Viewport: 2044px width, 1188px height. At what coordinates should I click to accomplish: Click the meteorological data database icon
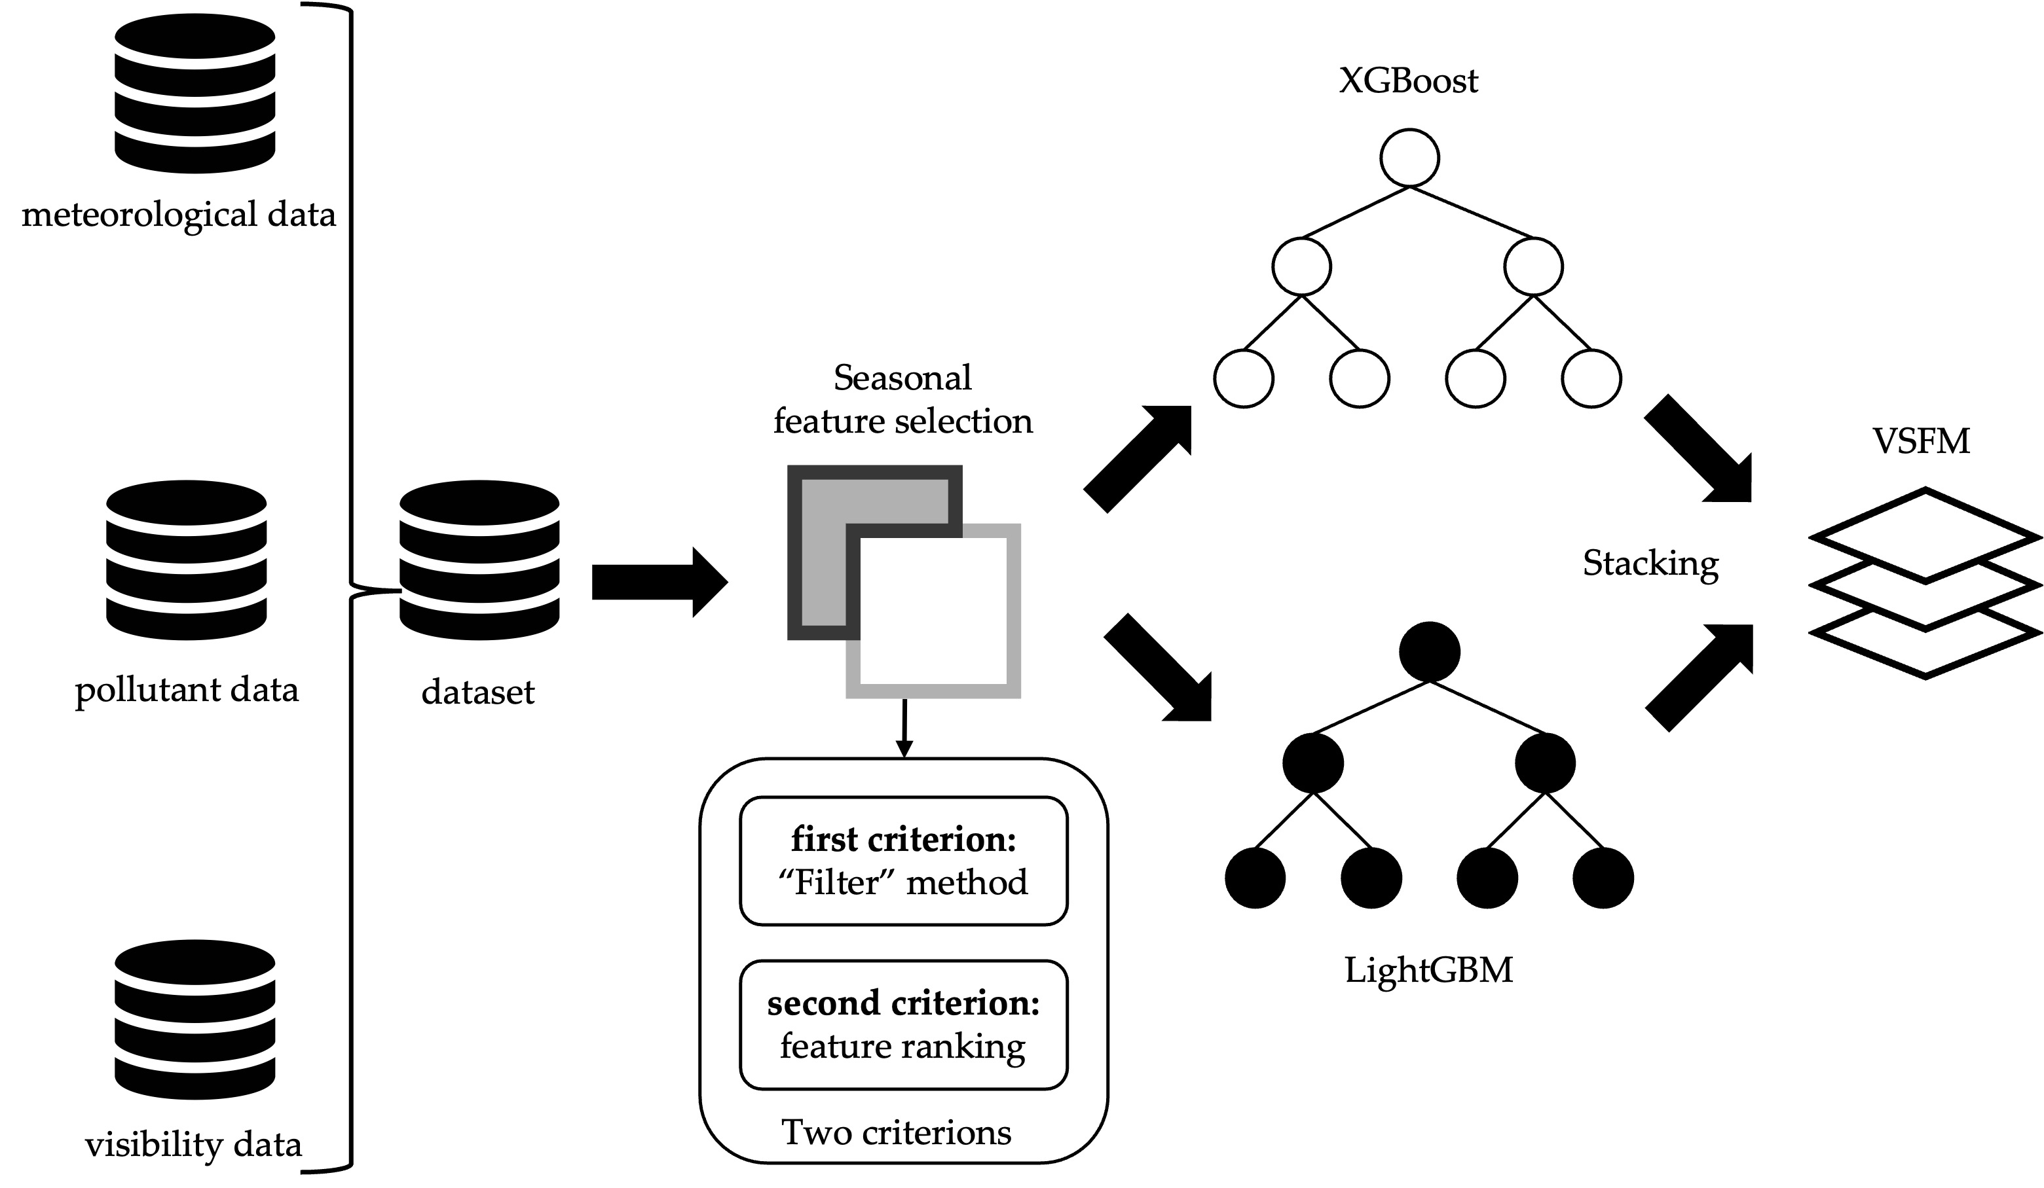[195, 93]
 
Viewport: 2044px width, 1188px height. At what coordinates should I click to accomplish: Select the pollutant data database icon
[187, 560]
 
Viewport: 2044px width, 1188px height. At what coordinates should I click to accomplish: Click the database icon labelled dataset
[479, 560]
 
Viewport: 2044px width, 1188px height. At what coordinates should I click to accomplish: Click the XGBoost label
[1408, 81]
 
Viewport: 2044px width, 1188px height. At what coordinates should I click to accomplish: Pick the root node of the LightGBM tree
[1430, 651]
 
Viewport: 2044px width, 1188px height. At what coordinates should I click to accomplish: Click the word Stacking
[1650, 563]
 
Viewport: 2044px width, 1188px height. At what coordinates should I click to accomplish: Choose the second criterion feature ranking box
[904, 1025]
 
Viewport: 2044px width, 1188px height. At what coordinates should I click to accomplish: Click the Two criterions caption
[897, 1132]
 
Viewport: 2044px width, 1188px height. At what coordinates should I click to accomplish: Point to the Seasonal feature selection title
[902, 399]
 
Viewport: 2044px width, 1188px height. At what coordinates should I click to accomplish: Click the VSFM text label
[1921, 441]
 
